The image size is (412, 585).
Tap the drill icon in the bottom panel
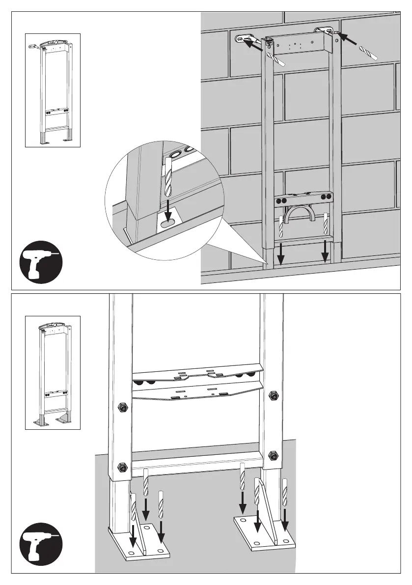coord(41,545)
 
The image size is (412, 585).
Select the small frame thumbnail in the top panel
coord(53,90)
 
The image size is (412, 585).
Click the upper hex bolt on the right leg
coord(274,394)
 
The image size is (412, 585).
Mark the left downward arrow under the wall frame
coord(281,252)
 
